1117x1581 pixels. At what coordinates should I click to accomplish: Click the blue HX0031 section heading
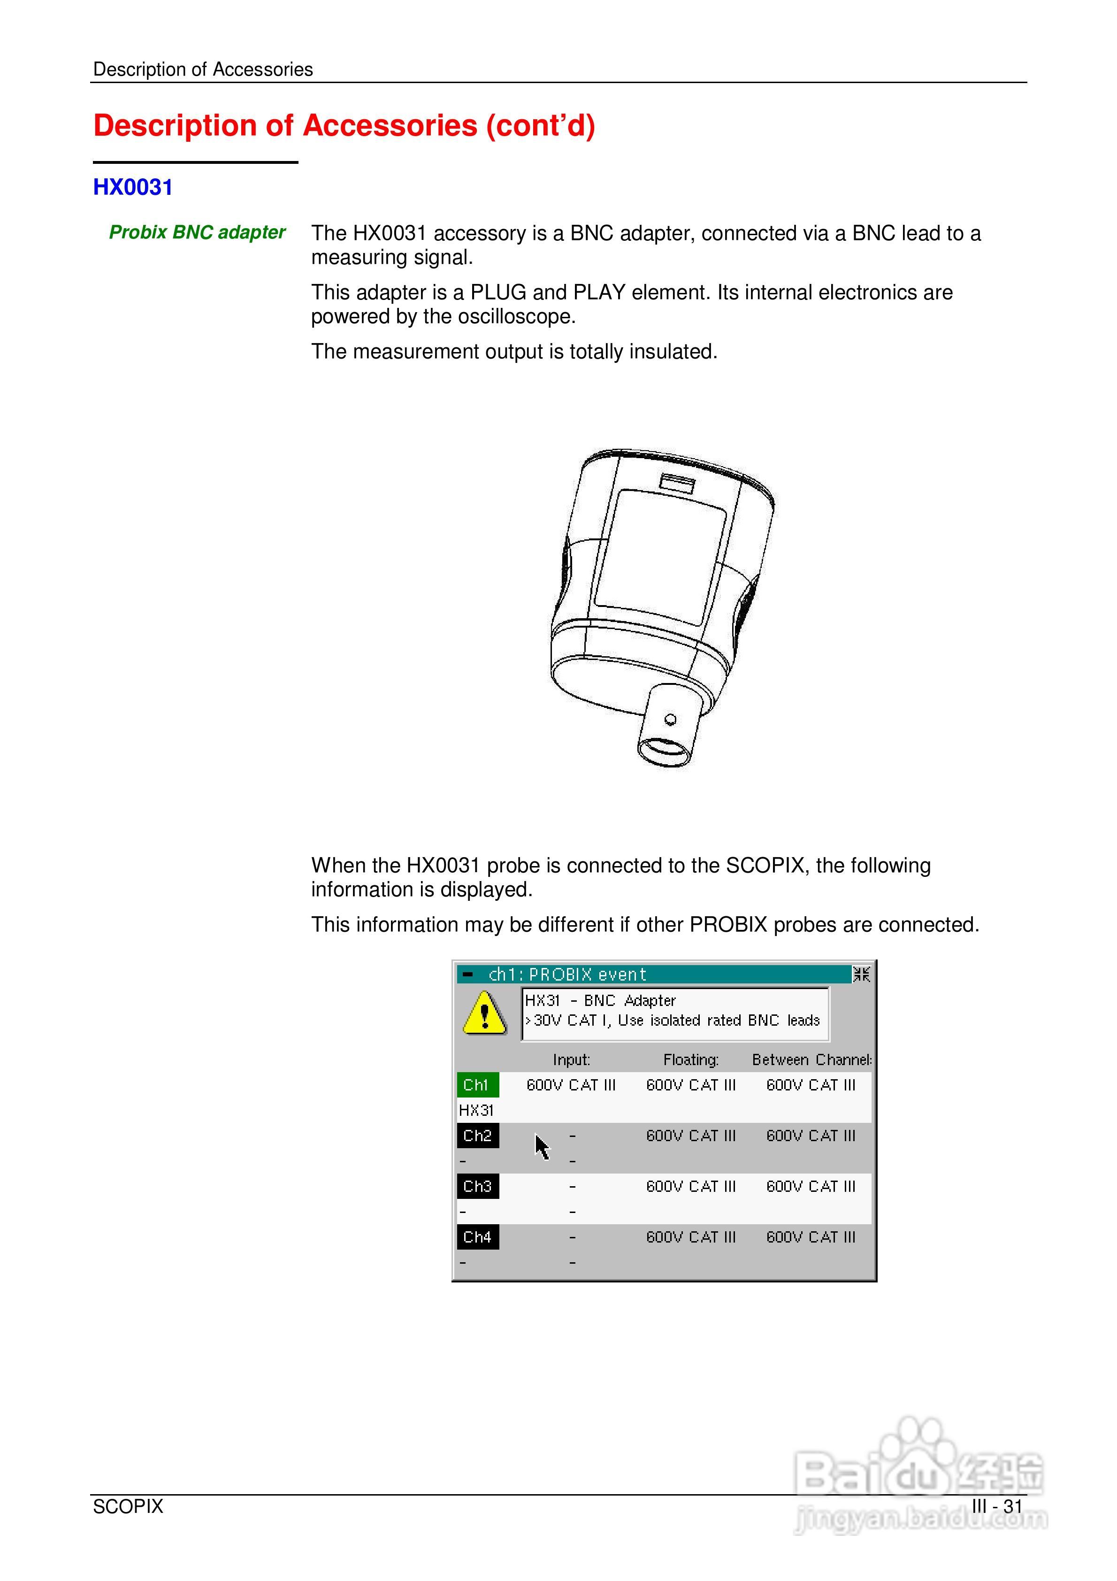[132, 187]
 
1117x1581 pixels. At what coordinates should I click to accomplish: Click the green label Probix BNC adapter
[197, 233]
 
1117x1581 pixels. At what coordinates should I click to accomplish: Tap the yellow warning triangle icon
[485, 1013]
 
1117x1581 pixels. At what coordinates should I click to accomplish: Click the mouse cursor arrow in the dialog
[542, 1146]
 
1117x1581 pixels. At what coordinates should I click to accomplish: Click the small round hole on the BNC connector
[670, 720]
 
